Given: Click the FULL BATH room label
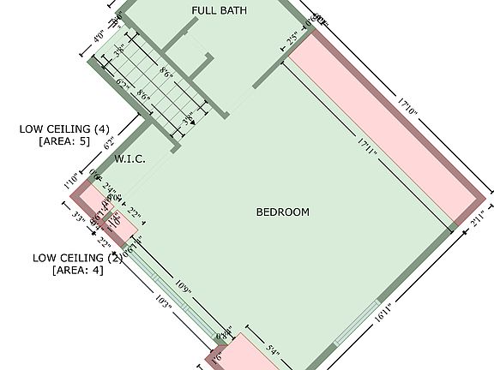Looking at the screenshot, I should tap(220, 10).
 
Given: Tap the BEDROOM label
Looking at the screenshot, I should tap(283, 212).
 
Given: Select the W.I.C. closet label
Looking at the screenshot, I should tap(130, 158).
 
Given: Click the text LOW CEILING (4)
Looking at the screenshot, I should tap(64, 129).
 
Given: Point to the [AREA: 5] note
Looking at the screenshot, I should tap(64, 142).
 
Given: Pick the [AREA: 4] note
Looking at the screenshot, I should tap(78, 271).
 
